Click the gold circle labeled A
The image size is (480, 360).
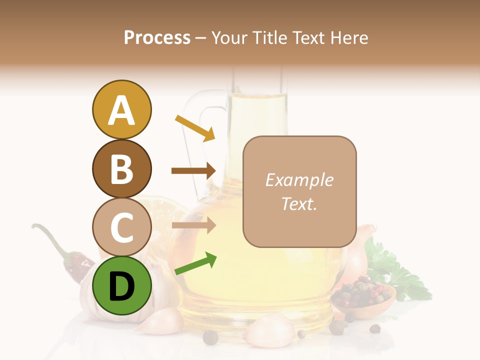tap(121, 110)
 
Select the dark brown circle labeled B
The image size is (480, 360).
tap(121, 168)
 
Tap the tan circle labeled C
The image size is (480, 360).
tap(121, 227)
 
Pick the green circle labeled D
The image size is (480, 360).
tap(121, 285)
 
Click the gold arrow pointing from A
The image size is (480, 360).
tap(194, 128)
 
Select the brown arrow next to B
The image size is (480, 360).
tap(193, 171)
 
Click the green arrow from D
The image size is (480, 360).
tap(195, 264)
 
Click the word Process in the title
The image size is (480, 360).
tap(157, 37)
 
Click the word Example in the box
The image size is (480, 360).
tap(299, 180)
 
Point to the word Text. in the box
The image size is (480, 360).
tap(299, 203)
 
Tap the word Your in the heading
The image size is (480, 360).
tap(229, 37)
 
